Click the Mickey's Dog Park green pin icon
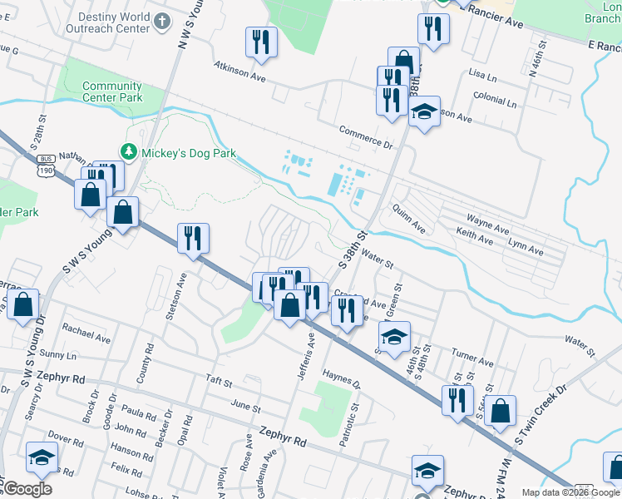tap(128, 152)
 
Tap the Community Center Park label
tap(112, 91)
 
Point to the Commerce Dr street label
tap(365, 136)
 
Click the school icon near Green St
tap(394, 336)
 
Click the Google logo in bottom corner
tap(27, 489)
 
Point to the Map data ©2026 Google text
tap(570, 492)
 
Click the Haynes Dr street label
tap(342, 380)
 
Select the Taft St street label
tap(220, 380)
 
